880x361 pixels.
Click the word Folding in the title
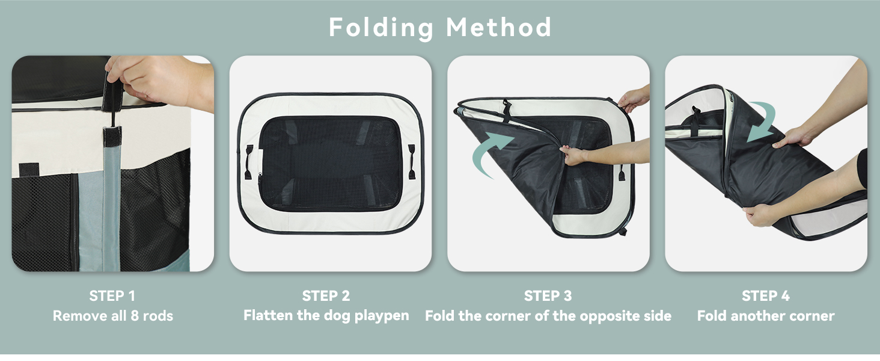point(382,28)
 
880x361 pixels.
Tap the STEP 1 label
point(112,295)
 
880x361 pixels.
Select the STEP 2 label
point(326,295)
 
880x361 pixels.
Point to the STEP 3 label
point(548,295)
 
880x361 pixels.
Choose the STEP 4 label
point(766,295)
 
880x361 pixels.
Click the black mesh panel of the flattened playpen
point(331,162)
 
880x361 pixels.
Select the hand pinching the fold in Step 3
point(575,156)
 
